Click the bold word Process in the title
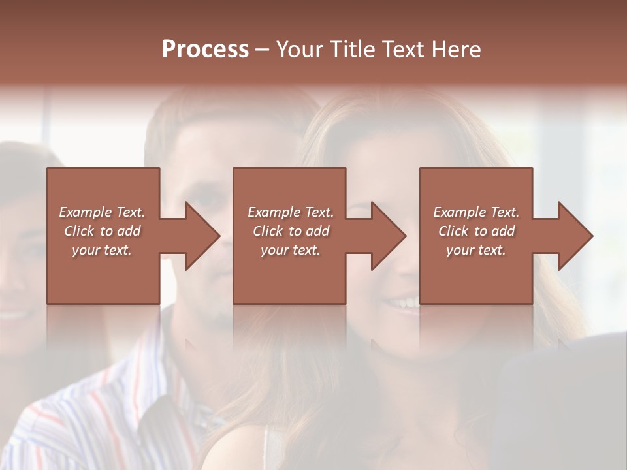[205, 50]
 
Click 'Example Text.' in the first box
[102, 212]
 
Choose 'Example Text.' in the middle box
[291, 212]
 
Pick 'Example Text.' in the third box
[476, 212]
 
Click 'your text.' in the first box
[102, 250]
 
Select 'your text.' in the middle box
[291, 250]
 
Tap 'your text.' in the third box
[476, 250]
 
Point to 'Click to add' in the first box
[102, 231]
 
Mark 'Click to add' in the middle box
[291, 231]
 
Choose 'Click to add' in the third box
[476, 231]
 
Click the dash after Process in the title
[263, 50]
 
